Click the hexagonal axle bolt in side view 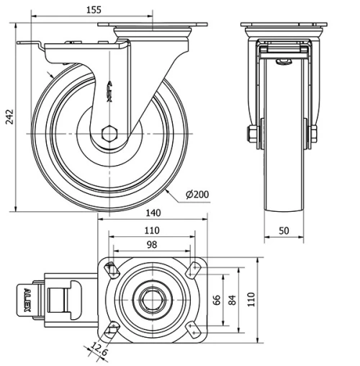click(109, 133)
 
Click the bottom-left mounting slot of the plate click(111, 329)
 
